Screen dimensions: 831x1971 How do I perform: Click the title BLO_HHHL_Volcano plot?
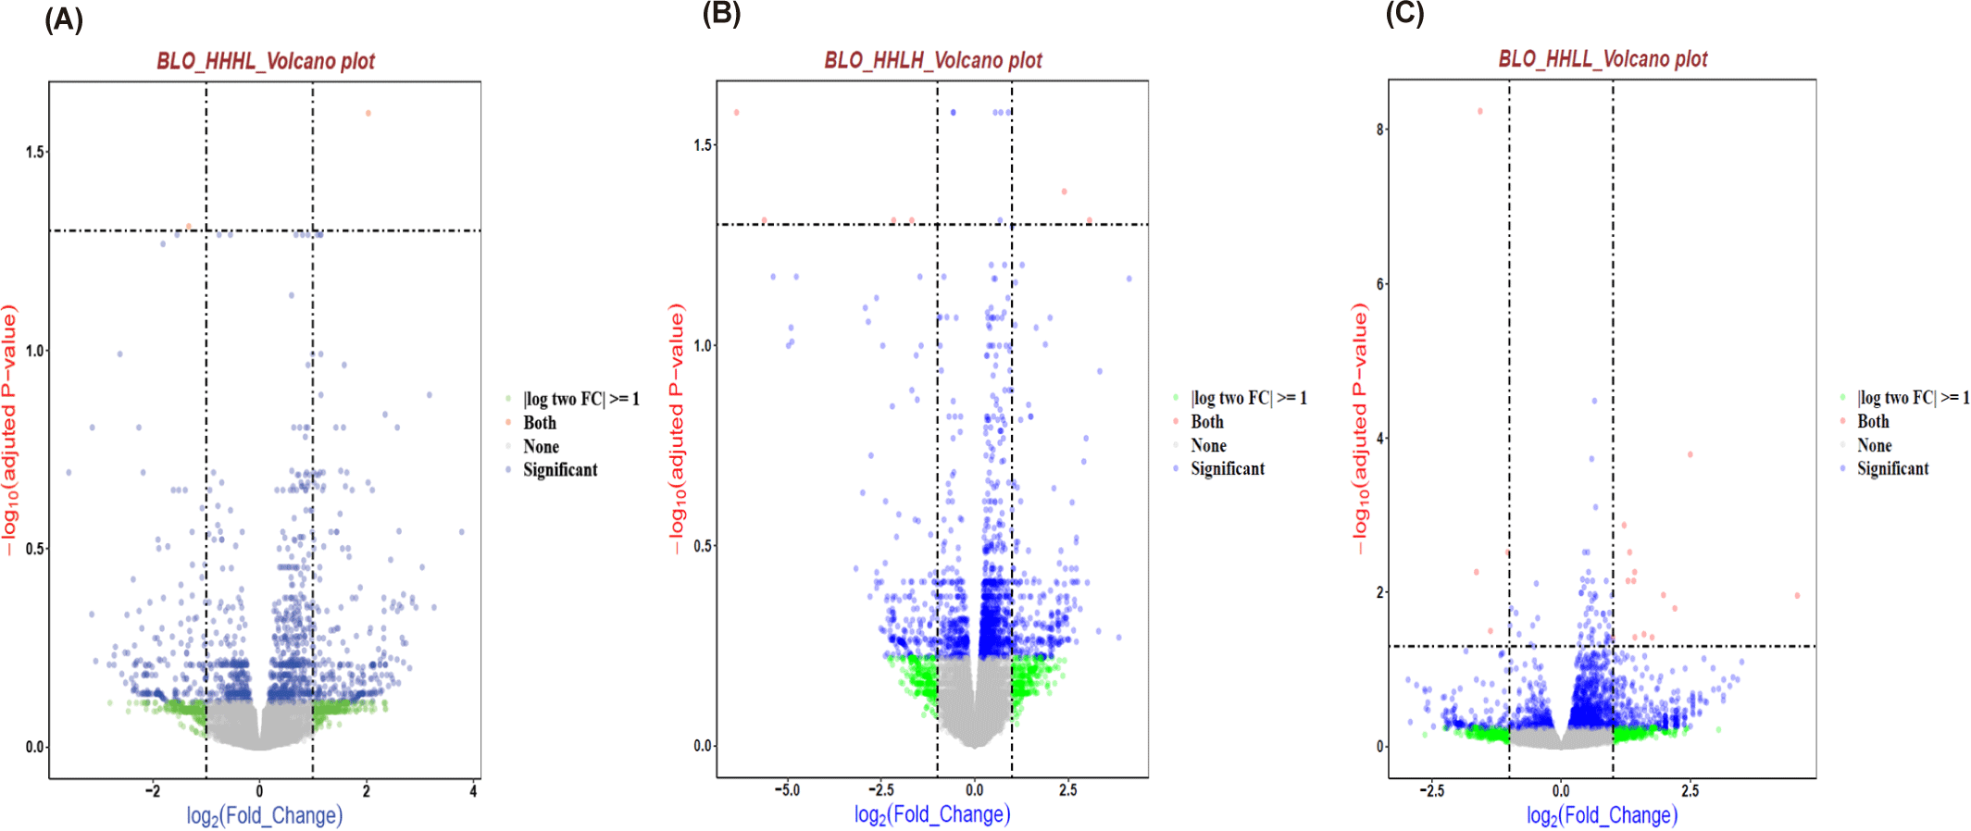266,61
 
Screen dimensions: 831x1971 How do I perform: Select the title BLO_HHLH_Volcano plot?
933,60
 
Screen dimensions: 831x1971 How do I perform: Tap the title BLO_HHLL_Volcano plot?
1603,59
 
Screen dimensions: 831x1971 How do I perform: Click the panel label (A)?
64,19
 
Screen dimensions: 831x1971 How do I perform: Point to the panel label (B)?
721,13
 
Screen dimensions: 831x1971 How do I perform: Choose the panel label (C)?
1404,13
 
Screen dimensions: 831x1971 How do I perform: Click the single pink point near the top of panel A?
368,114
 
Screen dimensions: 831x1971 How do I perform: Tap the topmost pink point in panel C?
1480,111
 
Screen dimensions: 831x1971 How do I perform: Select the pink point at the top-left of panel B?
737,113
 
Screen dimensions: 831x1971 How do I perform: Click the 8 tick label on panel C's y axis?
1380,130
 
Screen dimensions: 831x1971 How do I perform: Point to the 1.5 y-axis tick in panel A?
35,152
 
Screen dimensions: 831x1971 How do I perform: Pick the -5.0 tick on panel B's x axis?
787,790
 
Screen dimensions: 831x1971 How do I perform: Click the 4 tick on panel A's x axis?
473,791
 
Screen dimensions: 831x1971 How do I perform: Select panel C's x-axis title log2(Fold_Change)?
1602,815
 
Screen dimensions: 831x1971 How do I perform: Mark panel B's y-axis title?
677,428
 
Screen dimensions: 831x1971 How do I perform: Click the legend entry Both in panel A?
540,423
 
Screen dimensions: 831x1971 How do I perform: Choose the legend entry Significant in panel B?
1227,469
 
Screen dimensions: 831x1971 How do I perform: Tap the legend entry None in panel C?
1874,445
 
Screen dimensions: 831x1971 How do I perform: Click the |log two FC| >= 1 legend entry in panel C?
1913,398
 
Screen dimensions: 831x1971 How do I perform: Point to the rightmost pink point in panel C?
1797,596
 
